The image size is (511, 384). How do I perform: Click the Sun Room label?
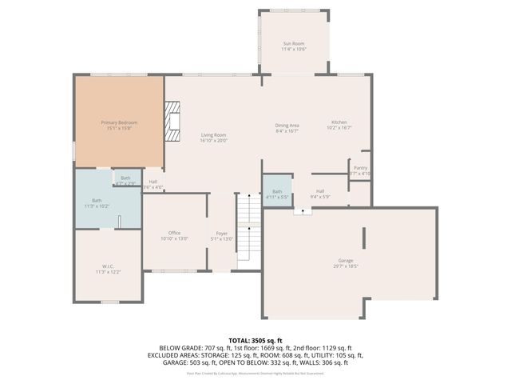pyautogui.click(x=294, y=42)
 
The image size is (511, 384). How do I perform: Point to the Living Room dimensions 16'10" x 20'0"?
pyautogui.click(x=214, y=140)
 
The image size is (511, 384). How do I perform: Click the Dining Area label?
pyautogui.click(x=287, y=125)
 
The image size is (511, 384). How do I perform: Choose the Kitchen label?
pyautogui.click(x=339, y=122)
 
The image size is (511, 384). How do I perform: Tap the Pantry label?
pyautogui.click(x=360, y=167)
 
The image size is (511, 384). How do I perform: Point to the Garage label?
pyautogui.click(x=346, y=262)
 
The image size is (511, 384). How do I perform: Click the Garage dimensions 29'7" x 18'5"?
pyautogui.click(x=346, y=267)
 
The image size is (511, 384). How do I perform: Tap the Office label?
pyautogui.click(x=174, y=233)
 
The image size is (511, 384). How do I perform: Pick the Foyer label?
pyautogui.click(x=222, y=233)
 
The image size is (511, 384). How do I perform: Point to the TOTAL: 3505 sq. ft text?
pyautogui.click(x=255, y=340)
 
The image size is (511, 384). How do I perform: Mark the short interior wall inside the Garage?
pyautogui.click(x=364, y=238)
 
